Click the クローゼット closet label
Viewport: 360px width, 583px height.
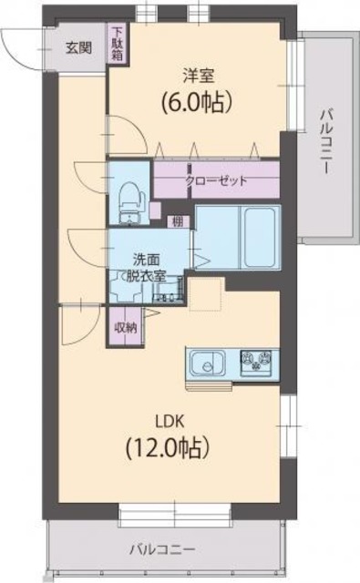click(216, 179)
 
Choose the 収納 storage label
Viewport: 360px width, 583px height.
click(126, 327)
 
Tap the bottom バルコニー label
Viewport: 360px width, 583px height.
click(161, 549)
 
